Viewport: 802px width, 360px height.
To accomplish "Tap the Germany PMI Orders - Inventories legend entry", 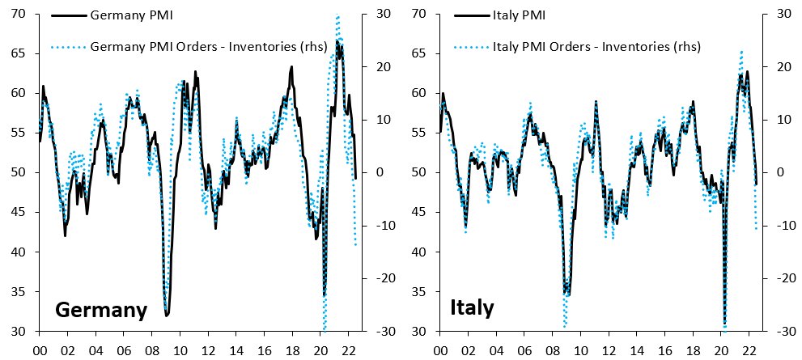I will click(x=210, y=46).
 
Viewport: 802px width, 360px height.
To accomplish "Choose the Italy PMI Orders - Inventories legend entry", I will click(x=596, y=46).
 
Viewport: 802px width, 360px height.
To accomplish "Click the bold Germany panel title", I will click(x=100, y=311).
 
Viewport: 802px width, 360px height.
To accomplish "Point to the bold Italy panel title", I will click(x=472, y=308).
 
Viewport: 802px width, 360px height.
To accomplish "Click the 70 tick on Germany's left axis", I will click(x=17, y=14).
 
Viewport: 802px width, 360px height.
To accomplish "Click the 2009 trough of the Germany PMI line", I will click(x=166, y=315).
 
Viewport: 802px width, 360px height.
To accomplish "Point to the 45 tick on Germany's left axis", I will click(x=17, y=213).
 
